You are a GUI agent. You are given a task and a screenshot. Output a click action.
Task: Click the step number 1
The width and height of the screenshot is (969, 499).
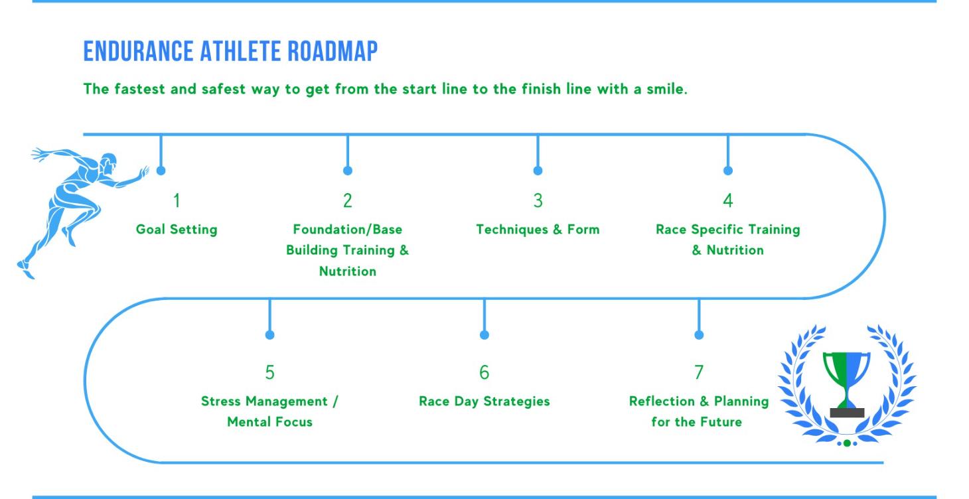click(x=177, y=200)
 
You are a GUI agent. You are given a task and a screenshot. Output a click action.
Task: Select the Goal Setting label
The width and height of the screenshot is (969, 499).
click(x=177, y=230)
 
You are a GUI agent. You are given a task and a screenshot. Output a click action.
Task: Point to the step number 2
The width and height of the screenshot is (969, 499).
click(x=347, y=200)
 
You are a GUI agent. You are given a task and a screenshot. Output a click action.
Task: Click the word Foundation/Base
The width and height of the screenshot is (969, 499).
click(x=347, y=230)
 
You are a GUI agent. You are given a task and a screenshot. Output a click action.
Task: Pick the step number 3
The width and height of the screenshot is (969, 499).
click(x=538, y=200)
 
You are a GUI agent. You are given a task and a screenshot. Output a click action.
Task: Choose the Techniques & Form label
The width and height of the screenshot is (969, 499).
click(x=538, y=230)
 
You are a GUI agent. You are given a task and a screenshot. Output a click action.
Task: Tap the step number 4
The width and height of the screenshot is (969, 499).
click(x=727, y=200)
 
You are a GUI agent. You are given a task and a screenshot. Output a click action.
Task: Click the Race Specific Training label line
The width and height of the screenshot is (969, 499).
click(x=727, y=230)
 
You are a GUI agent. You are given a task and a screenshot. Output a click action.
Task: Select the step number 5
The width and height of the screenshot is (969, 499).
click(x=269, y=373)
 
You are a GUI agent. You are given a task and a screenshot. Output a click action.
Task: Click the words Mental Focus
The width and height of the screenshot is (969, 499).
click(x=269, y=422)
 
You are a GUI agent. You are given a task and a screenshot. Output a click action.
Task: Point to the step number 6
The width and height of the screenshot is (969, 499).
click(x=484, y=373)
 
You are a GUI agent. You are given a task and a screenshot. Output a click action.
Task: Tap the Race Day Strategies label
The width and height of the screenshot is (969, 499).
click(x=484, y=401)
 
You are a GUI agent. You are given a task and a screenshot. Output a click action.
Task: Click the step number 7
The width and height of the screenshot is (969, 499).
click(x=698, y=373)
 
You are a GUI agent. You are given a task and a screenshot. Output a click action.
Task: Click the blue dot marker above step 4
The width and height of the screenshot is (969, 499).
click(x=727, y=171)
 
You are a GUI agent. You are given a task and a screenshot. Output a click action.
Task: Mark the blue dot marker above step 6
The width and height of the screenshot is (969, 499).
click(x=484, y=335)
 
